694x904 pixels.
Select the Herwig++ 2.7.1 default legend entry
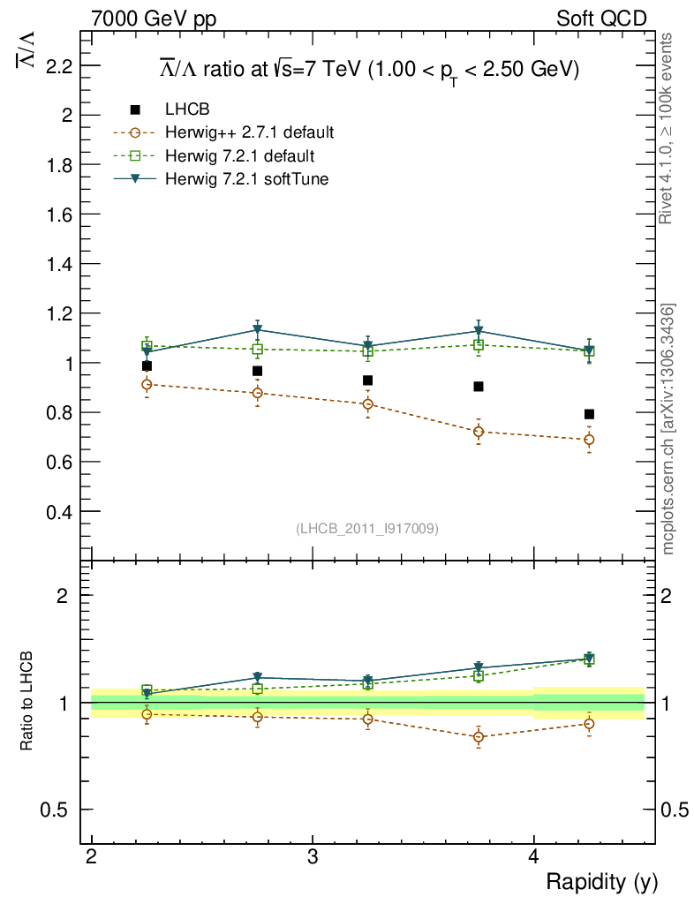(249, 133)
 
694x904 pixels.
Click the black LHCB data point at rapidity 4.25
(589, 414)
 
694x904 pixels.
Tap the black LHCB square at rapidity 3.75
(479, 387)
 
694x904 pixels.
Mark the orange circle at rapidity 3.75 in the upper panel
(479, 432)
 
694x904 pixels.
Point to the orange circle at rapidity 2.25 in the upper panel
(147, 384)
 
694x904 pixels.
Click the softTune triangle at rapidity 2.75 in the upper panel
(257, 330)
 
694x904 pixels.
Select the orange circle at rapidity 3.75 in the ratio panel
(479, 736)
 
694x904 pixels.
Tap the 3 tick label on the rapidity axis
(313, 858)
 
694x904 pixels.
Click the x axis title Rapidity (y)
(601, 881)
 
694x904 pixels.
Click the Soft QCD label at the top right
(601, 19)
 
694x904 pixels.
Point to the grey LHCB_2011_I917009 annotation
(367, 529)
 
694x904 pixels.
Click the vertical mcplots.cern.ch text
(669, 429)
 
